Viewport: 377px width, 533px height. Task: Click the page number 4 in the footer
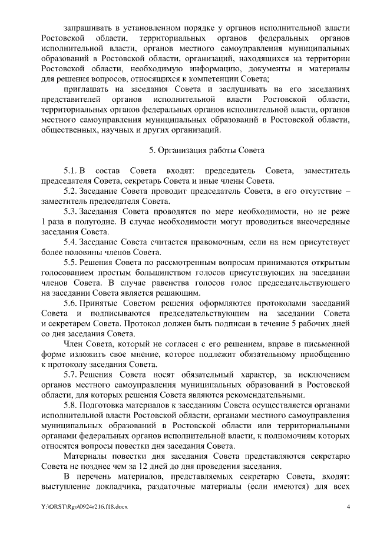coord(348,507)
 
